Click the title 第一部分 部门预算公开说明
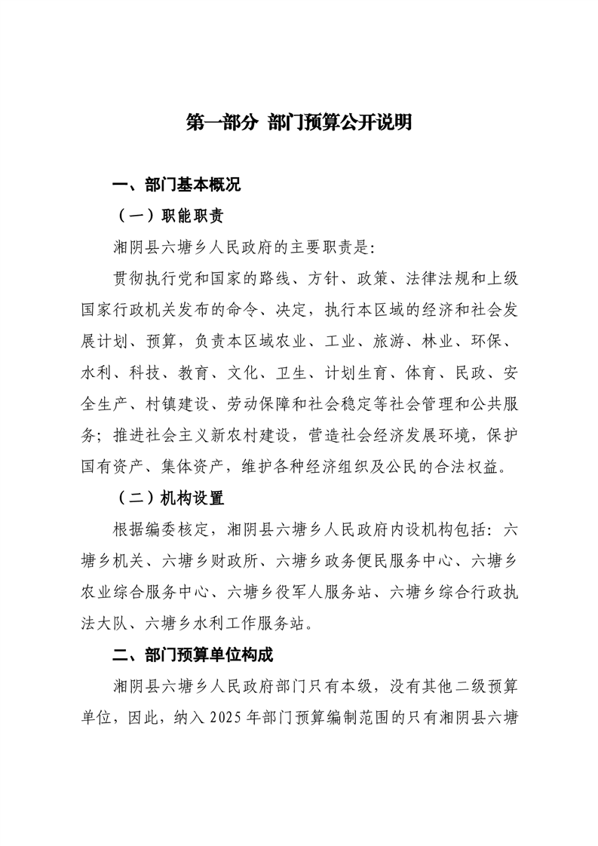tap(299, 123)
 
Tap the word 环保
tap(497, 342)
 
